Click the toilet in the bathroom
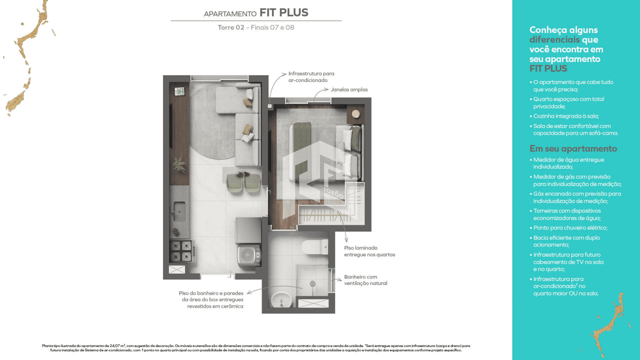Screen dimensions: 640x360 pyautogui.click(x=315, y=247)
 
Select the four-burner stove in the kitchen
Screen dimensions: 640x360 pyautogui.click(x=181, y=251)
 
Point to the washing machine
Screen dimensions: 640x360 pyautogui.click(x=249, y=255)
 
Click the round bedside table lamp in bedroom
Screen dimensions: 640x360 pyautogui.click(x=356, y=114)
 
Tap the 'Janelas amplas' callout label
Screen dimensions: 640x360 pyautogui.click(x=349, y=90)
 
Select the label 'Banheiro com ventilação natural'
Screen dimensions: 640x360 pyautogui.click(x=366, y=280)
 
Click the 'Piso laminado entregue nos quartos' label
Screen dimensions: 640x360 pyautogui.click(x=369, y=251)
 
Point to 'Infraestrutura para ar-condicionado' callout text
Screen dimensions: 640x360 pyautogui.click(x=311, y=77)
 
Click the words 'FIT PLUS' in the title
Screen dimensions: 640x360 pyautogui.click(x=284, y=13)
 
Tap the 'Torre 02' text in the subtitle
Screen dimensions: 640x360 pyautogui.click(x=231, y=28)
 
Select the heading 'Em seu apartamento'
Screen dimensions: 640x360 pyautogui.click(x=573, y=149)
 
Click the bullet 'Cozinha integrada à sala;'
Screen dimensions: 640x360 pyautogui.click(x=566, y=116)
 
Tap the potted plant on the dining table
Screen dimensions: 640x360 pyautogui.click(x=243, y=174)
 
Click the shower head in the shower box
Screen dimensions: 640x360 pyautogui.click(x=312, y=284)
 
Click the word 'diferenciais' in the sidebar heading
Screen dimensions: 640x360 pyautogui.click(x=555, y=40)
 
